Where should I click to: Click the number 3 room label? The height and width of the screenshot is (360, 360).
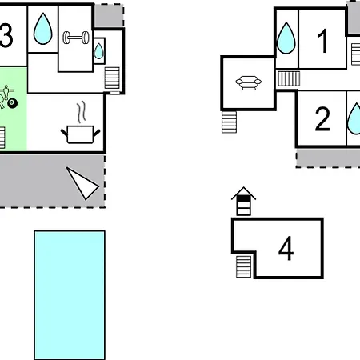click(x=6, y=35)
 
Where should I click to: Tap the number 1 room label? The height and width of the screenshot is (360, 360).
click(x=323, y=41)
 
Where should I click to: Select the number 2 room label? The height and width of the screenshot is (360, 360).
click(x=322, y=119)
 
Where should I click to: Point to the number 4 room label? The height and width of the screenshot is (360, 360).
click(x=286, y=248)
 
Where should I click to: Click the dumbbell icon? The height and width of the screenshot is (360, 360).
click(x=76, y=38)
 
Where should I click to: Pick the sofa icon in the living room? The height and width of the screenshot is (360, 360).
click(x=249, y=83)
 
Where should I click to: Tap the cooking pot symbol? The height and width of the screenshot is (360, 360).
click(x=80, y=134)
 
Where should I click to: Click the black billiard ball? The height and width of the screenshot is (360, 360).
click(x=12, y=103)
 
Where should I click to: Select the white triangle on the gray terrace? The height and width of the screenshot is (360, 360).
click(x=82, y=183)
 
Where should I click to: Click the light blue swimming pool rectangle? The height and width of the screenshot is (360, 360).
click(x=70, y=295)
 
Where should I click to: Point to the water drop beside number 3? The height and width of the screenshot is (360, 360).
click(x=42, y=29)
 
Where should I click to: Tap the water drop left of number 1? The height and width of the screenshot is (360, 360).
click(x=286, y=38)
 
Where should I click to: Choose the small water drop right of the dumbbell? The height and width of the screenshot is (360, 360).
click(x=98, y=51)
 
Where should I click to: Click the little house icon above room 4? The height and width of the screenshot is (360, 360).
click(x=243, y=201)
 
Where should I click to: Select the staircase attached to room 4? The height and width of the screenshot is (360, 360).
click(x=244, y=266)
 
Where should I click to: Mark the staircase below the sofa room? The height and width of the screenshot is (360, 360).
click(x=229, y=122)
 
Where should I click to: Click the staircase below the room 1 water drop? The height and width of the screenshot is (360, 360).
click(x=289, y=78)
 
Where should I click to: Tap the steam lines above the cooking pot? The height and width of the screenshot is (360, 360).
click(x=82, y=111)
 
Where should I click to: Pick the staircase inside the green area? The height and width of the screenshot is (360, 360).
click(x=2, y=138)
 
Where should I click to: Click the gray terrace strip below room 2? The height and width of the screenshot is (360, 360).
click(x=328, y=158)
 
